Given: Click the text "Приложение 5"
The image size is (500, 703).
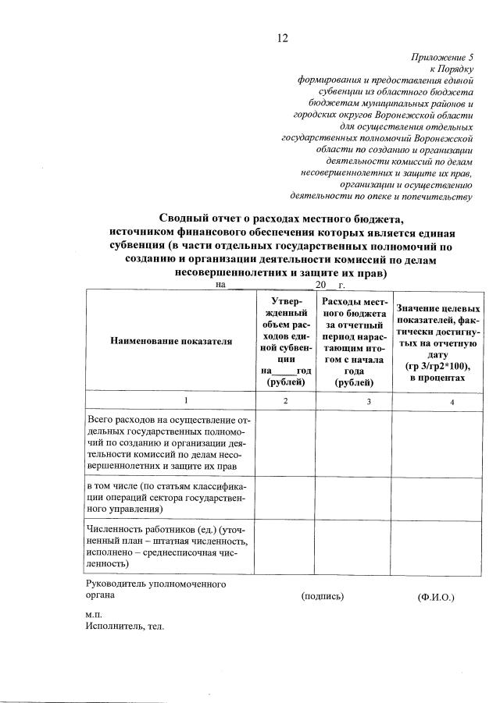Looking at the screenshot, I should (x=442, y=58).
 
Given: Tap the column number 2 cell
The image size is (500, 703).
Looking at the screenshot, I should (x=285, y=400).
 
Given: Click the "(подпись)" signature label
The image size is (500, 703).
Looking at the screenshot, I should (x=323, y=596).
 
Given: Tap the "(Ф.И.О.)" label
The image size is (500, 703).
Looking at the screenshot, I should (x=436, y=598).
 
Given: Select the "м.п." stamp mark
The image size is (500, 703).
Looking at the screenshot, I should (x=94, y=615).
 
